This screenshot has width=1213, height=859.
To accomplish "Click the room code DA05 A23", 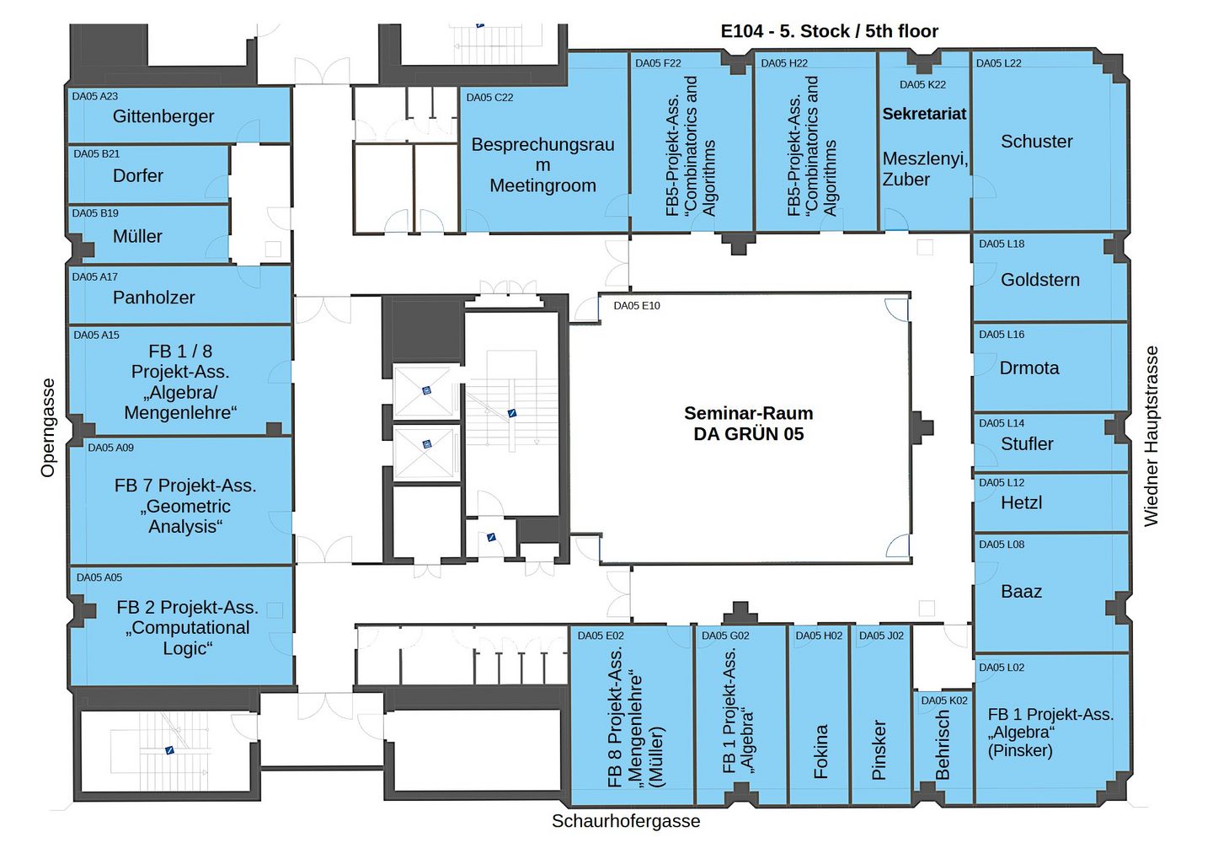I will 94,96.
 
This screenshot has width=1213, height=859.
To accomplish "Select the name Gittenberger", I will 163,116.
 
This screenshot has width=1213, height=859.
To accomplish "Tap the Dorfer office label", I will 138,175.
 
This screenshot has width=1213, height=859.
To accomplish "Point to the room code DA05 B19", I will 95,213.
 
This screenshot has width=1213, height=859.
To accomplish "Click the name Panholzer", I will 153,298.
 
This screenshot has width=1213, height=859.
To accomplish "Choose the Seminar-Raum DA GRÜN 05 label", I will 748,423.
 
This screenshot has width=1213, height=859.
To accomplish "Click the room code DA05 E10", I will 636,306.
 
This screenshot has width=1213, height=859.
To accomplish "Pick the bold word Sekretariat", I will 924,114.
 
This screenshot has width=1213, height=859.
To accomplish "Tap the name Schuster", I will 1036,142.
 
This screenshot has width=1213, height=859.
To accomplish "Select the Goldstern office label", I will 1039,280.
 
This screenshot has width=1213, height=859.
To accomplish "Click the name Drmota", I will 1029,368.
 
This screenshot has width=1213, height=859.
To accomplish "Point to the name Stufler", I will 1027,443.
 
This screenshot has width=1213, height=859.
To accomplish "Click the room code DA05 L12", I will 1002,483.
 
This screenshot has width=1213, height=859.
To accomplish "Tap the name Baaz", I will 1021,592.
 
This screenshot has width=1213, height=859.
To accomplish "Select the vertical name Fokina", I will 820,751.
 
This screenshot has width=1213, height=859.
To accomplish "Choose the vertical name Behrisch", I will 943,745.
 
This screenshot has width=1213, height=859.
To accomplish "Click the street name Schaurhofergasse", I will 626,821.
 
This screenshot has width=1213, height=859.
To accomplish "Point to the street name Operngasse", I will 48,427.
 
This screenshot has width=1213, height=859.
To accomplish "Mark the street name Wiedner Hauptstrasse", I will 1152,436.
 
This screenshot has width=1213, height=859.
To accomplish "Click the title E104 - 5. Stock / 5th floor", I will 829,32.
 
